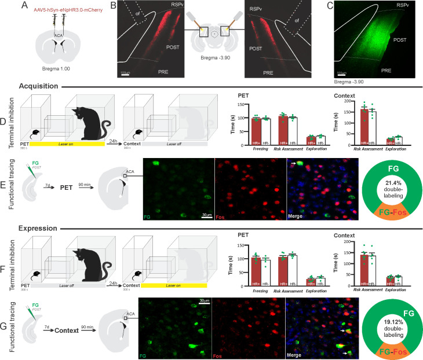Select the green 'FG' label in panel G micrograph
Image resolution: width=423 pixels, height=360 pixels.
click(x=144, y=351)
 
